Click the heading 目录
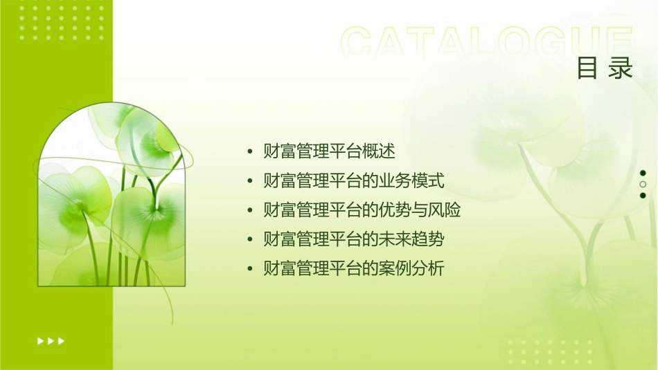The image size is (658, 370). tap(605, 68)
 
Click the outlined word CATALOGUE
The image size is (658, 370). tap(486, 44)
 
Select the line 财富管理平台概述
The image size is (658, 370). tap(329, 151)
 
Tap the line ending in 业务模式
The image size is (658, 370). tap(354, 181)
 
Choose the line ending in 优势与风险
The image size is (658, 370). tap(362, 210)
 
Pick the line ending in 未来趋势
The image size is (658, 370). tap(354, 240)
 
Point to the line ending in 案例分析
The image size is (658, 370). tap(354, 269)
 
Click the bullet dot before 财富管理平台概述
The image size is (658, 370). tap(250, 151)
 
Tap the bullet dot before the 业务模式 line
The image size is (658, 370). tap(250, 181)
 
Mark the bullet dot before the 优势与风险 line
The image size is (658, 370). tap(250, 211)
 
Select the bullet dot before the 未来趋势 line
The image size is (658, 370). tap(250, 240)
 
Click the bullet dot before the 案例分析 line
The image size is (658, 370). tap(250, 270)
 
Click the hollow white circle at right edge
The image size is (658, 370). tap(643, 185)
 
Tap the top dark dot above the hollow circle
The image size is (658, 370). tap(643, 173)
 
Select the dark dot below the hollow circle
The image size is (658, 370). tap(643, 196)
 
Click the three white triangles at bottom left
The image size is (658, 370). tap(51, 341)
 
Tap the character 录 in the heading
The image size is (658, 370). tap(621, 68)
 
